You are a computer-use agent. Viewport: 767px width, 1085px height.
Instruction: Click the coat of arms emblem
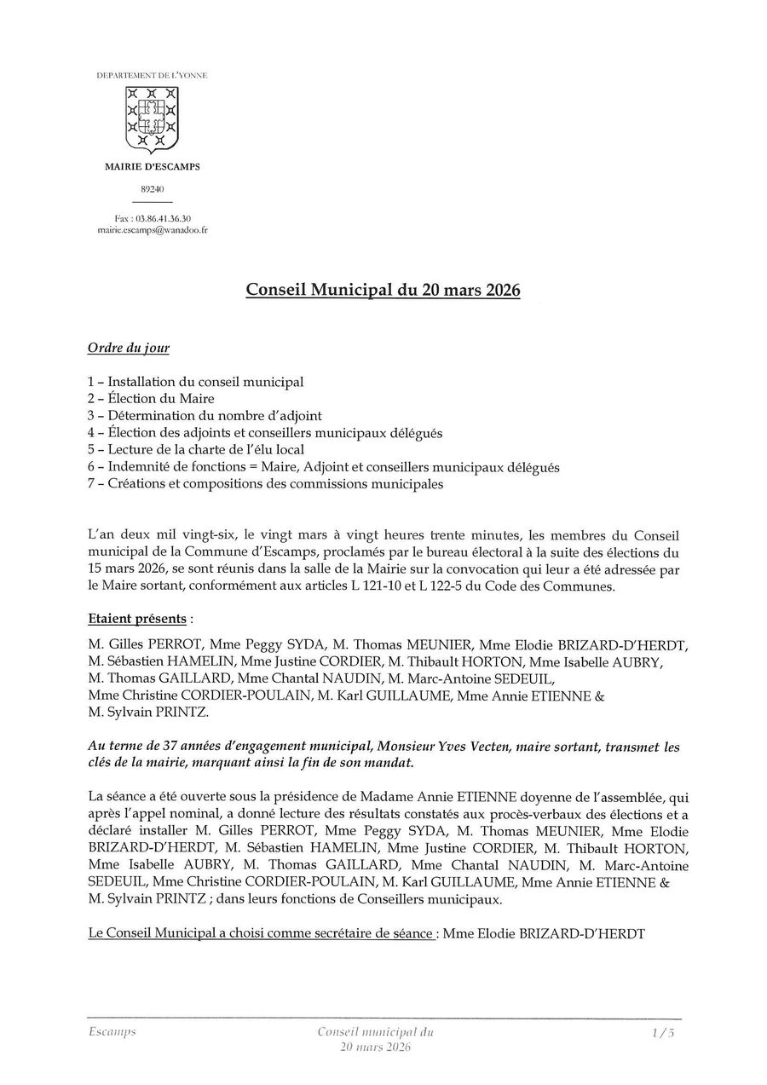(x=152, y=118)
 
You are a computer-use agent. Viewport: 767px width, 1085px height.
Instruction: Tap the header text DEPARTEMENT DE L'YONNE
(x=152, y=76)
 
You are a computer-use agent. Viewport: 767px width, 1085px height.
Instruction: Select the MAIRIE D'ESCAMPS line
(x=152, y=167)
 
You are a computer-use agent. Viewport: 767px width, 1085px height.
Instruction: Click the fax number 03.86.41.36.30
(x=163, y=218)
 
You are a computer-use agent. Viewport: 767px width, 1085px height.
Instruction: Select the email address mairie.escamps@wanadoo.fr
(x=152, y=230)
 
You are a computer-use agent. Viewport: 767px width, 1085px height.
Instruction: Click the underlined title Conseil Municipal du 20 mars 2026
(x=383, y=290)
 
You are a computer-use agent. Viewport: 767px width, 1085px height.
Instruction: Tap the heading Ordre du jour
(x=129, y=348)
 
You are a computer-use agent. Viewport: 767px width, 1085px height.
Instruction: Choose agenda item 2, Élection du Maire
(x=151, y=398)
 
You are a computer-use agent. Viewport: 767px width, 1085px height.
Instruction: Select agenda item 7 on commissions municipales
(x=265, y=484)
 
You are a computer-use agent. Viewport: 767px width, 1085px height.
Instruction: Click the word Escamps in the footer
(x=112, y=1031)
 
